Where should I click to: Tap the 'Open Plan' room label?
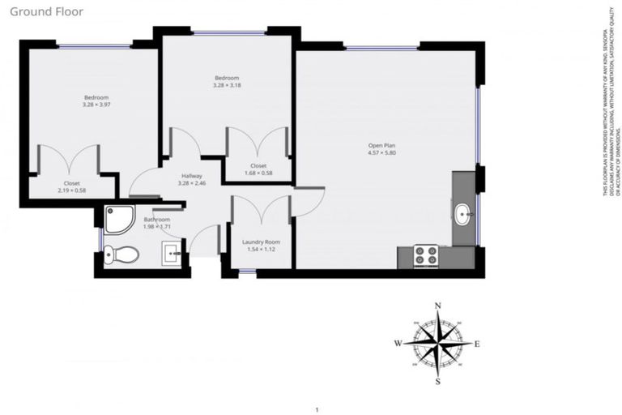point(381,145)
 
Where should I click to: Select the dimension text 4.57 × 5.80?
point(381,152)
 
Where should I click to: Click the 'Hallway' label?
point(192,176)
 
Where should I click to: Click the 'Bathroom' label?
point(157,220)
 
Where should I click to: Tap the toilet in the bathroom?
point(122,255)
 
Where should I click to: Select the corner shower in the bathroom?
point(119,217)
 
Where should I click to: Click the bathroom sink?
point(174,255)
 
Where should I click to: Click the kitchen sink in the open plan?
point(462,215)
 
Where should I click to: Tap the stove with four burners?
point(426,256)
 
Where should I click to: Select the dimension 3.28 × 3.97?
point(96,105)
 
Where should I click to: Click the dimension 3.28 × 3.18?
point(227,85)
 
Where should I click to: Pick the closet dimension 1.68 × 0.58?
point(259,173)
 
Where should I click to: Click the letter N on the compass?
point(438,306)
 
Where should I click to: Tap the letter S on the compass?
point(438,381)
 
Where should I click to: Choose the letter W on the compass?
point(398,344)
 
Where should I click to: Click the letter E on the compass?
point(477,344)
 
